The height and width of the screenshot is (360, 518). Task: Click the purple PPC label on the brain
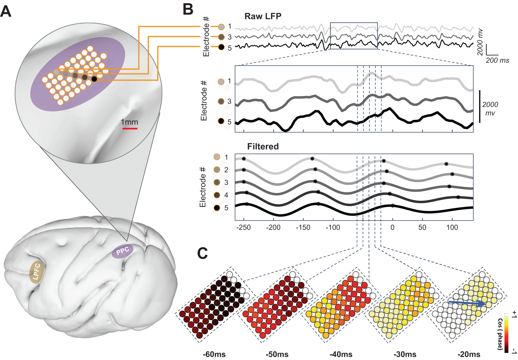click(123, 251)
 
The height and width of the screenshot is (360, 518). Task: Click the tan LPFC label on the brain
click(36, 272)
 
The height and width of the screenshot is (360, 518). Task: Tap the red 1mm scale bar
click(130, 128)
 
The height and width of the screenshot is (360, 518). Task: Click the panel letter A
click(6, 12)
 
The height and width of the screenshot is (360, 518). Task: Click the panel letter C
click(202, 253)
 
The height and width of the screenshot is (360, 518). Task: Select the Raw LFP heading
click(263, 16)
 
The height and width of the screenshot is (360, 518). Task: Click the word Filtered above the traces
click(263, 146)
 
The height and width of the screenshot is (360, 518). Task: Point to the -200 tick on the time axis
click(273, 227)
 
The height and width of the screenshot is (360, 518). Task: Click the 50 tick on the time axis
click(422, 227)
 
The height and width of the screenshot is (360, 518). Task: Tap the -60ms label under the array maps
click(214, 354)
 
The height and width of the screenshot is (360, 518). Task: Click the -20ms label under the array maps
click(469, 354)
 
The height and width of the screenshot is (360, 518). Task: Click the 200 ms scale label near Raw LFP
click(497, 60)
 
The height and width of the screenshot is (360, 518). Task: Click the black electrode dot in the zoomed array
click(94, 79)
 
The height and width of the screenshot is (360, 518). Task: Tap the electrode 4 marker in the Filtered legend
click(217, 195)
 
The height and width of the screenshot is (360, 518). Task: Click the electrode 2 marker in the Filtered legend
click(217, 170)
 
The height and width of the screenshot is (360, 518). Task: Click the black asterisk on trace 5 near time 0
click(392, 206)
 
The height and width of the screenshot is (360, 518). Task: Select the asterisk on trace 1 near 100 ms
click(446, 164)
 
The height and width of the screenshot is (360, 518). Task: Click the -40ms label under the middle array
click(341, 354)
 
